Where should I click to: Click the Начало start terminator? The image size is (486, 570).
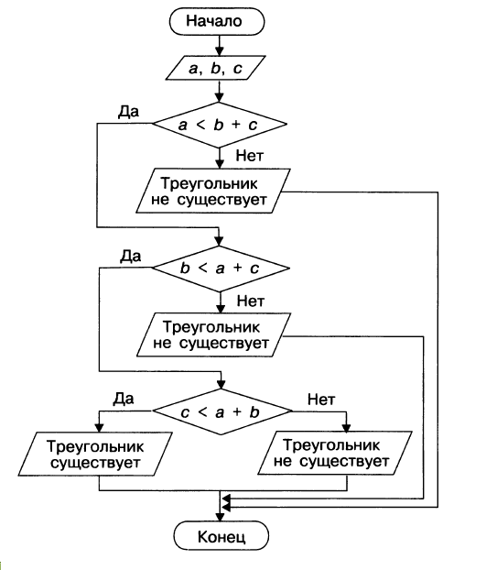tap(217, 21)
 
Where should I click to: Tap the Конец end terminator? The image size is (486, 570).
tap(221, 536)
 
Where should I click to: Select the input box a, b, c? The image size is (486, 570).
tap(216, 68)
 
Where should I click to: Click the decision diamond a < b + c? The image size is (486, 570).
tap(220, 125)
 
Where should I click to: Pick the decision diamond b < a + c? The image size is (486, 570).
tap(221, 269)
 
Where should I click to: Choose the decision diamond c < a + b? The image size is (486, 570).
tap(221, 411)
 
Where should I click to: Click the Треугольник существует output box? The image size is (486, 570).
tap(95, 454)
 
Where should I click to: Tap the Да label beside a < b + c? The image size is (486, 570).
tap(128, 112)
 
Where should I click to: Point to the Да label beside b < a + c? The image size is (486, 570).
tap(131, 257)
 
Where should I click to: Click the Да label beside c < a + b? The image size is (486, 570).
tap(124, 399)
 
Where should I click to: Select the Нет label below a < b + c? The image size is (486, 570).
tap(250, 156)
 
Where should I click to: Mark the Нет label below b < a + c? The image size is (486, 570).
tap(251, 301)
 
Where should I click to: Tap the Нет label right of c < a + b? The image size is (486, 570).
tap(321, 400)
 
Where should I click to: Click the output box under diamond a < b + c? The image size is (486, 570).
tap(213, 191)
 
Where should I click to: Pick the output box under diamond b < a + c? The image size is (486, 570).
tap(214, 334)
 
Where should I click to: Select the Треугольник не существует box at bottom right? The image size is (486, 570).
tap(335, 453)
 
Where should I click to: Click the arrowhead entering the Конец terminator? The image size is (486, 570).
tap(220, 517)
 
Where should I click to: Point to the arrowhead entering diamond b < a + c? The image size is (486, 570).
tap(219, 241)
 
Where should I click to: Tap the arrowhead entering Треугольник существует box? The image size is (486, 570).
tap(99, 427)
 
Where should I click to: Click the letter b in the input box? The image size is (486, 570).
tap(216, 68)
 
